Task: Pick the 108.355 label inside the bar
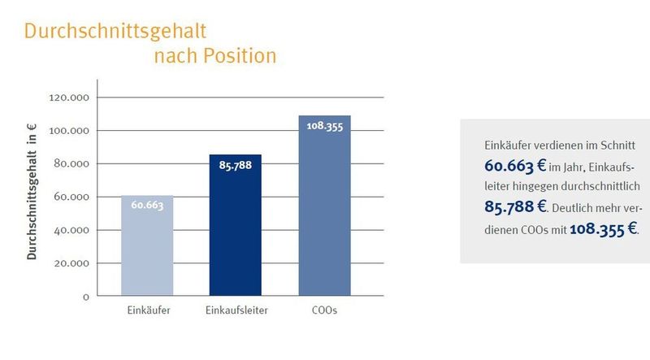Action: tap(324, 127)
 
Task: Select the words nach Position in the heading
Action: tap(215, 56)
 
